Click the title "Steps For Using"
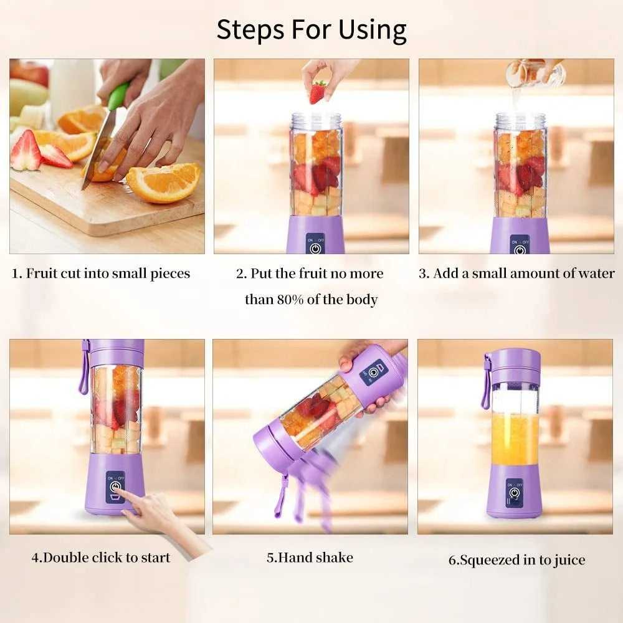point(311,29)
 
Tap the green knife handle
point(118,97)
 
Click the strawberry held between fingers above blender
point(318,92)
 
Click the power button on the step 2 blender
point(315,247)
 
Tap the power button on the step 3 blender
point(520,247)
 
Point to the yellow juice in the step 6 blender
point(515,439)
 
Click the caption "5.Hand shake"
point(310,558)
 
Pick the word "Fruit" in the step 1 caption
point(43,273)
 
